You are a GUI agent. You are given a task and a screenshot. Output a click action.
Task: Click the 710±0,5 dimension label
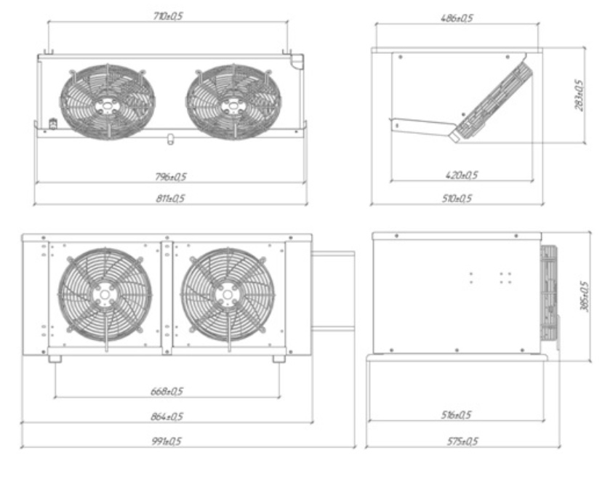pos(168,16)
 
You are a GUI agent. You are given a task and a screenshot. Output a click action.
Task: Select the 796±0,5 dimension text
pos(170,177)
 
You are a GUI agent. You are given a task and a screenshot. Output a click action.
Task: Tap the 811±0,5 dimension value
pos(170,198)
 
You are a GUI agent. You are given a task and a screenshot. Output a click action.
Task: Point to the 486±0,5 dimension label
pos(457,18)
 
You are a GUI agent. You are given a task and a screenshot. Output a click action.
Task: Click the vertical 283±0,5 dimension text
pos(579,95)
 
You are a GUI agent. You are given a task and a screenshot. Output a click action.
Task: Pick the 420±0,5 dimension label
pos(461,174)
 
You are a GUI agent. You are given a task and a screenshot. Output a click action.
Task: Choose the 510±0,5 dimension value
pos(457,198)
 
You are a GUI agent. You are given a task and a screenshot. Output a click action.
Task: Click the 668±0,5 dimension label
pos(167,391)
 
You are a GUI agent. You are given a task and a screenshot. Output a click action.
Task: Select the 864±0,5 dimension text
pos(167,417)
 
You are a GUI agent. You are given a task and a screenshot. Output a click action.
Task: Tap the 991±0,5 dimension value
pos(167,441)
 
